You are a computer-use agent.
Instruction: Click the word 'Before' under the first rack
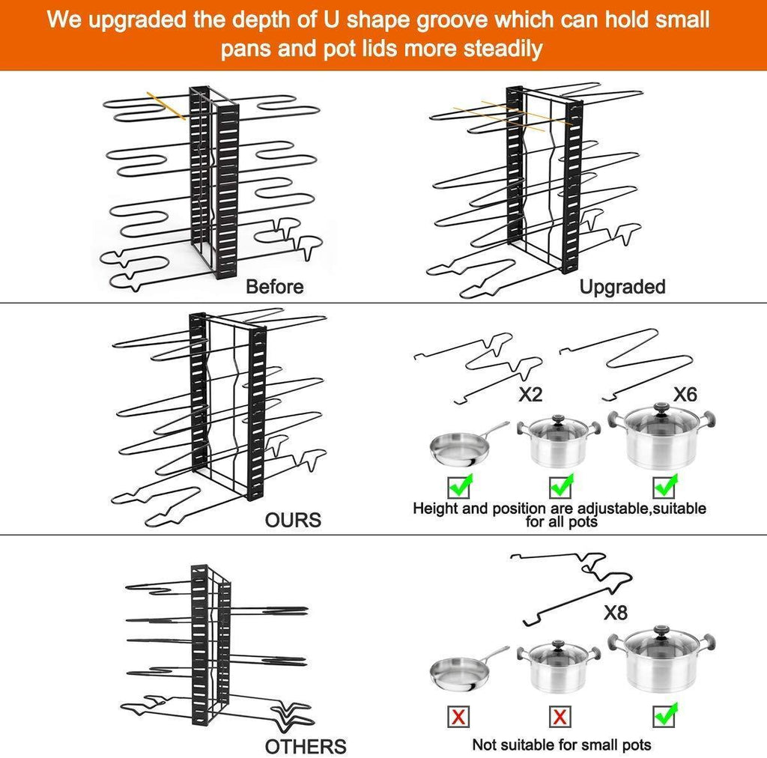point(274,287)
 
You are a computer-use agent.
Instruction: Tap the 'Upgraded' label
point(622,287)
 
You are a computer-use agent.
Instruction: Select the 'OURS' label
point(293,520)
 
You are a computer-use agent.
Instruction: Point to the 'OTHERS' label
point(306,747)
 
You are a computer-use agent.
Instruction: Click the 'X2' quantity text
point(530,394)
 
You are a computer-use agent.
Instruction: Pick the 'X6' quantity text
point(685,394)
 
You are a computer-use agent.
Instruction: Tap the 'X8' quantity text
point(616,612)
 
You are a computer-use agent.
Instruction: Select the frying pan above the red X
point(469,669)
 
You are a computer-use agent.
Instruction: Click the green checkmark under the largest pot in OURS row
point(665,485)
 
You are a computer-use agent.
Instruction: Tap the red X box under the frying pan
point(458,717)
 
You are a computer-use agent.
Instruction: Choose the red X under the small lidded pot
point(560,717)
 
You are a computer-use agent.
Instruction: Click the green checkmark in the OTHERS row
point(665,715)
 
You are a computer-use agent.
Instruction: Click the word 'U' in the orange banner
point(330,20)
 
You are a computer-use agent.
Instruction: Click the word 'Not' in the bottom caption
point(484,745)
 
